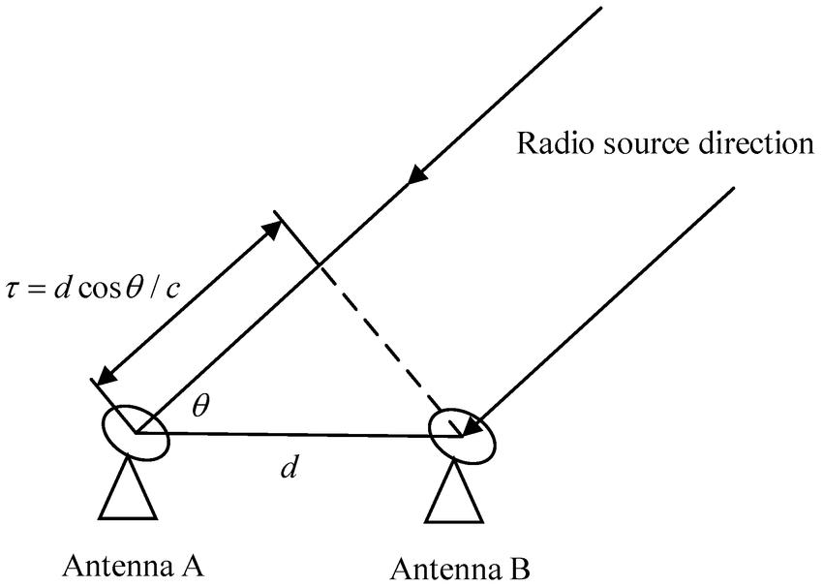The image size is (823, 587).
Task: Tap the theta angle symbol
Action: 200,406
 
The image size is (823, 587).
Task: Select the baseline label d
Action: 287,468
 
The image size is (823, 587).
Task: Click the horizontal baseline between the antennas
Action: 300,435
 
